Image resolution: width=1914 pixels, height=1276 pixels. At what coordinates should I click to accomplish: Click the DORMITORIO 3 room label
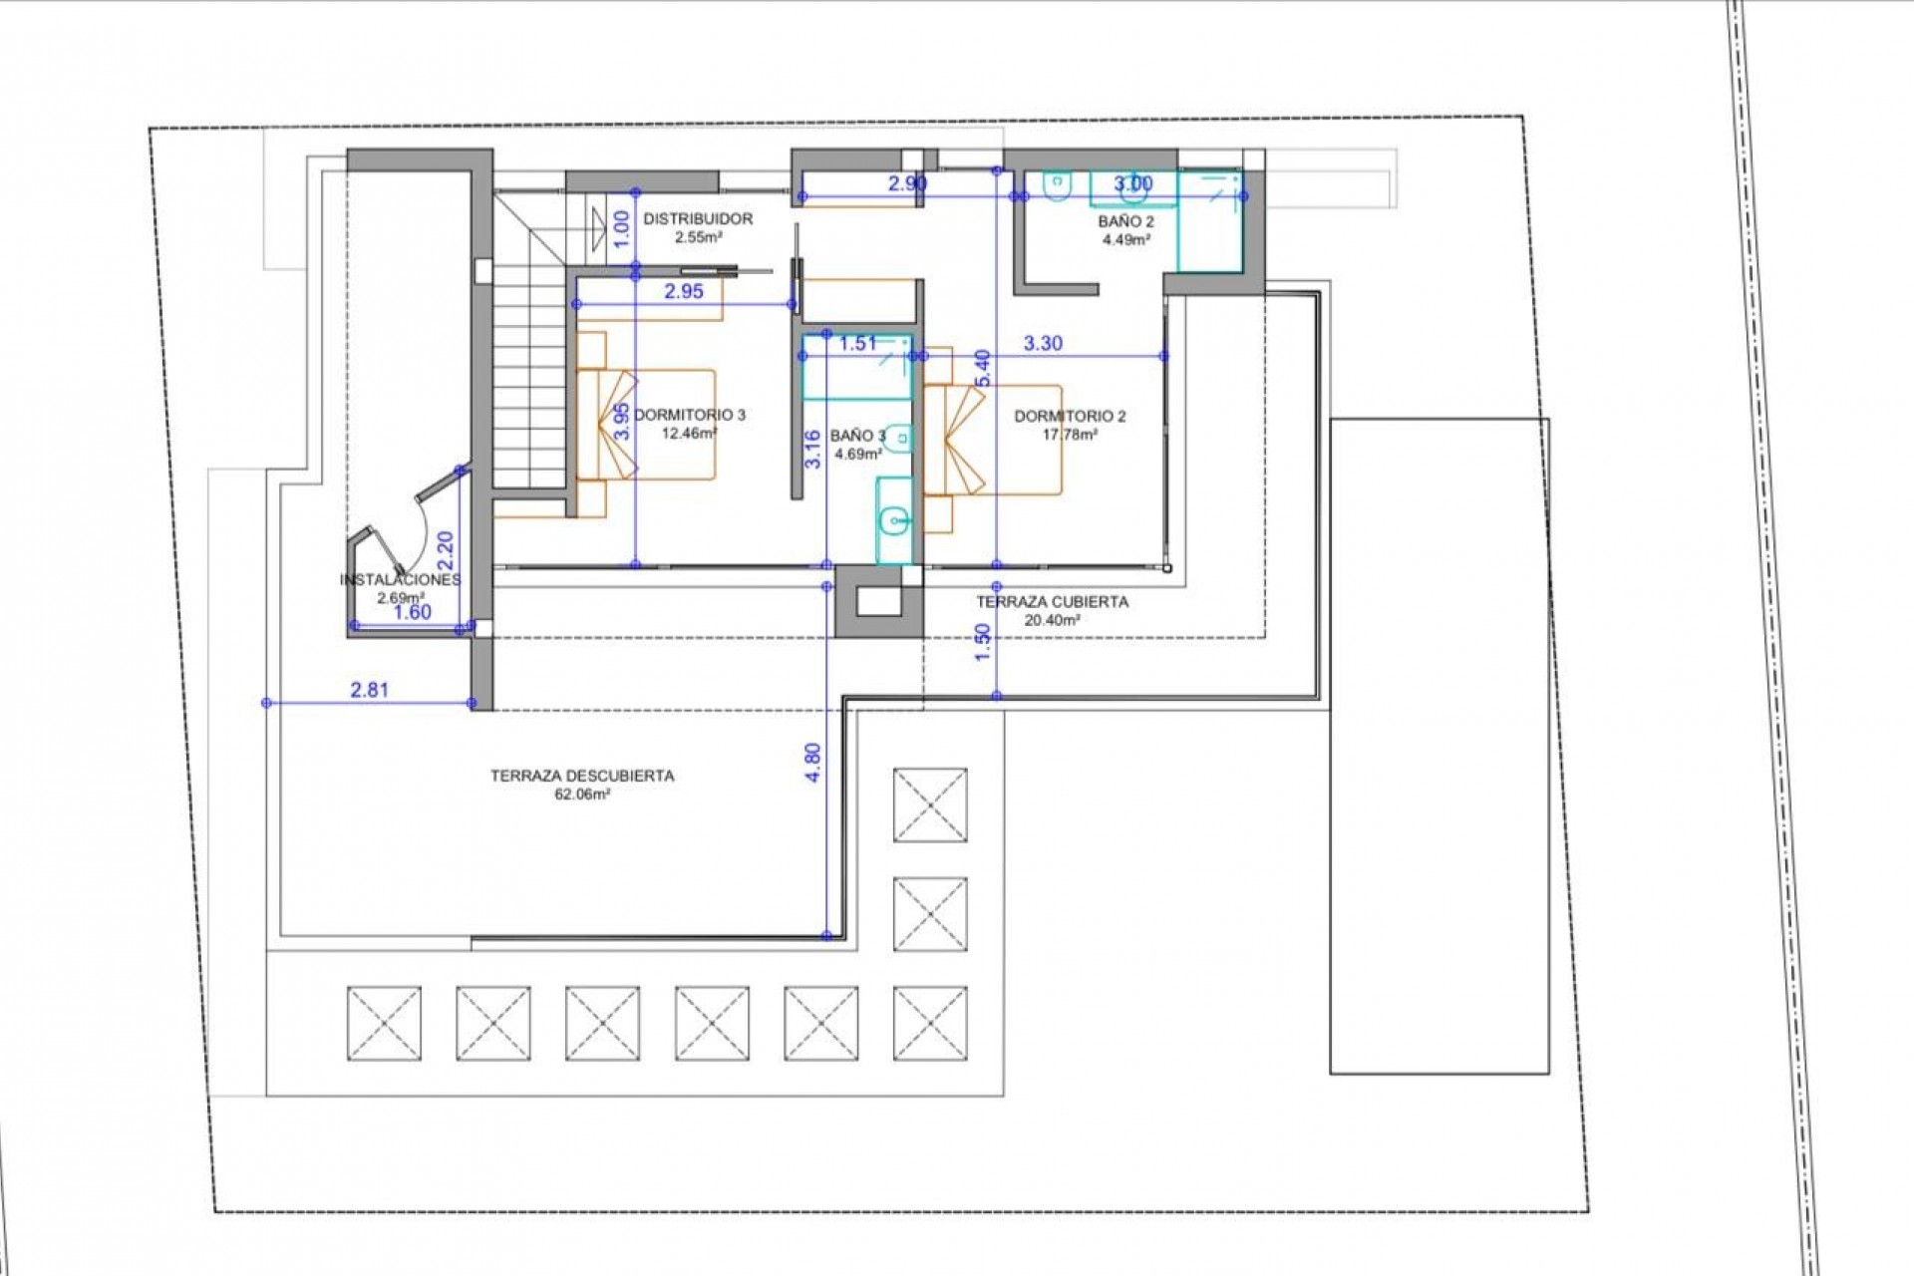click(690, 415)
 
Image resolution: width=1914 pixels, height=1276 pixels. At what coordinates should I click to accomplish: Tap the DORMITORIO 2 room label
click(1070, 417)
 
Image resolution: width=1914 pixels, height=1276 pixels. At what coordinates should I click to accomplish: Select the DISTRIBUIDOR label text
click(698, 218)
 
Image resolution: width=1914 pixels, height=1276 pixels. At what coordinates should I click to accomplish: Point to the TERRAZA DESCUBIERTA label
click(582, 776)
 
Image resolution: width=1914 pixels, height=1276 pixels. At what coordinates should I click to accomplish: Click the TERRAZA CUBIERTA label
click(1052, 602)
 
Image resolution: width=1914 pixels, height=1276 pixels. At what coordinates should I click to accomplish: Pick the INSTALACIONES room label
click(400, 580)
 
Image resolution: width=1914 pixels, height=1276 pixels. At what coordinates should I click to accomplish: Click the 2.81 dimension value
click(369, 690)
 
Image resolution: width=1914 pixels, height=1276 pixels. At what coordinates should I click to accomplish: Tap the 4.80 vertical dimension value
click(812, 763)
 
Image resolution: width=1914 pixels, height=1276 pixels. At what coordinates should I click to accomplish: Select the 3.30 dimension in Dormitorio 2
click(1043, 344)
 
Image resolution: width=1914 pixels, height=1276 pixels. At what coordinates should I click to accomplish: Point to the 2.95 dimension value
click(684, 291)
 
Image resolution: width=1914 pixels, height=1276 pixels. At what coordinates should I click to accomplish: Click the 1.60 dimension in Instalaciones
click(412, 612)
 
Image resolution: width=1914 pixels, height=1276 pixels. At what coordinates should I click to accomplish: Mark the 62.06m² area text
click(582, 796)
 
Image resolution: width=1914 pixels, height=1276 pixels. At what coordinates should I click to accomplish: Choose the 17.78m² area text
click(1070, 435)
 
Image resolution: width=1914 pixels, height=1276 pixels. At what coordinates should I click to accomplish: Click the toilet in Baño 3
click(900, 437)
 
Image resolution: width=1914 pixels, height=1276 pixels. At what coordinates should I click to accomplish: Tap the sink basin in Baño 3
click(894, 518)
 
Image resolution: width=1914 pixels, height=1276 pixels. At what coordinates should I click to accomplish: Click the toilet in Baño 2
click(1056, 185)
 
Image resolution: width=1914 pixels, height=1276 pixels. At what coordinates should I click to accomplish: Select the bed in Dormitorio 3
click(658, 425)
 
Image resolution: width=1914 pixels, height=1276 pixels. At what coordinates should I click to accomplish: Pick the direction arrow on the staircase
click(597, 225)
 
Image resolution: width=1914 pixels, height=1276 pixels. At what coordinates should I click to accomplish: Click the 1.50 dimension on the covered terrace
click(983, 642)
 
